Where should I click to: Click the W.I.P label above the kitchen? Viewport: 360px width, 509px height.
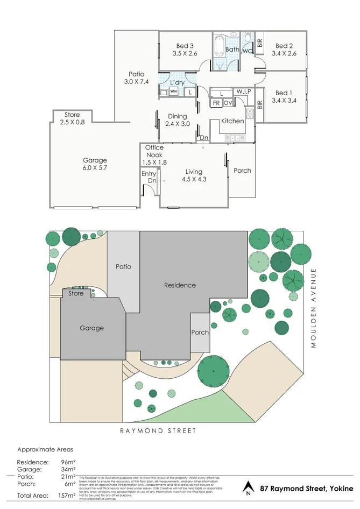(242, 91)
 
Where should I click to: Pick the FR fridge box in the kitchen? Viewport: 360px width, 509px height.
(216, 102)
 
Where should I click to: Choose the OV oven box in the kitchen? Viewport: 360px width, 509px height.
(228, 102)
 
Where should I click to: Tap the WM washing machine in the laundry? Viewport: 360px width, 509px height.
(174, 92)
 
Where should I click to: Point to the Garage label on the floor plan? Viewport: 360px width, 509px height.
(95, 160)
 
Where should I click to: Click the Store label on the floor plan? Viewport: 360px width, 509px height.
(72, 115)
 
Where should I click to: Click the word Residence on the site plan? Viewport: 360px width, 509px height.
(180, 285)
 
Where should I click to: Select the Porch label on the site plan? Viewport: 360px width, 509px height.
(200, 332)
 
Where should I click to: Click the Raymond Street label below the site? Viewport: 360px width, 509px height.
(151, 430)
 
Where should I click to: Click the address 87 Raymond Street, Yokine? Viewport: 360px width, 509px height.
(307, 489)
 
